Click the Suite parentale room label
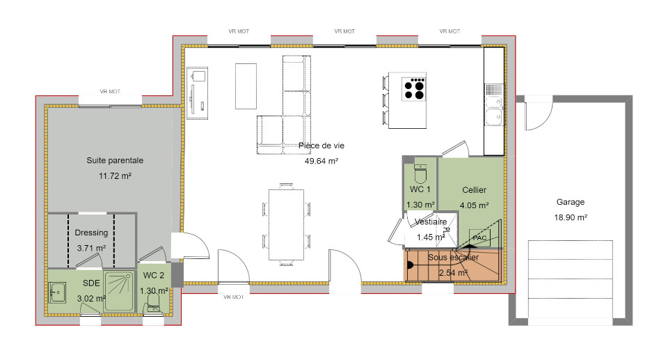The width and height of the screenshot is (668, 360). (x=115, y=160)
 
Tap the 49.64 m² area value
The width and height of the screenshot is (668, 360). (x=321, y=161)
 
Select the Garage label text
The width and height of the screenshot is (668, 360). (x=571, y=202)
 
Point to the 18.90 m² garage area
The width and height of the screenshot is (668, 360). (x=571, y=217)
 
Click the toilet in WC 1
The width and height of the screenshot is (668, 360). (x=420, y=173)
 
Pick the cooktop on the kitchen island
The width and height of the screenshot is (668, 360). (x=413, y=88)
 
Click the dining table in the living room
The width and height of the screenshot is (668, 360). (x=286, y=224)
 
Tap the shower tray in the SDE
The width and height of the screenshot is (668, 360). (x=118, y=291)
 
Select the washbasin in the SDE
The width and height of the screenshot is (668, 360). (x=57, y=292)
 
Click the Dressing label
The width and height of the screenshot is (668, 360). (x=91, y=233)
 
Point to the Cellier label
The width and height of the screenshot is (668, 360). (x=474, y=190)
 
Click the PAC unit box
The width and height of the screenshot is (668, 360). (x=479, y=237)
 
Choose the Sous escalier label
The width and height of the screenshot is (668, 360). (x=453, y=257)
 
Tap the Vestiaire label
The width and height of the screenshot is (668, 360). (x=431, y=222)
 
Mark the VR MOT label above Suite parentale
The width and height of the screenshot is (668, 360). (x=110, y=91)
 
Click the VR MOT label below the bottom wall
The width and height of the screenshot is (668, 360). (x=234, y=297)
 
